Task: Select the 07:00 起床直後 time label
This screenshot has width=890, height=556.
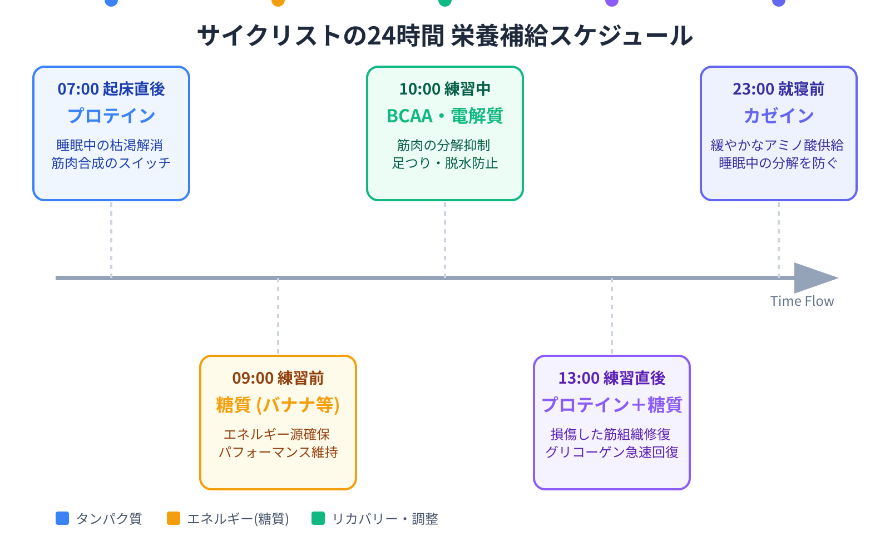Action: pos(111,89)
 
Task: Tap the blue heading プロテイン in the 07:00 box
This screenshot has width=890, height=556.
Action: pos(111,116)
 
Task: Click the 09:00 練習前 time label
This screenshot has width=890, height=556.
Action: pos(278,378)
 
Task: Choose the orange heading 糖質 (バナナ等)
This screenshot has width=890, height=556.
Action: pos(278,405)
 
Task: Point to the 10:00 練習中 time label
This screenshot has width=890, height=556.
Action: pos(445,89)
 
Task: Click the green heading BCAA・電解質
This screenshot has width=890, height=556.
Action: pos(445,116)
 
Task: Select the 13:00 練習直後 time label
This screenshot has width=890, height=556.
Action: pos(612,378)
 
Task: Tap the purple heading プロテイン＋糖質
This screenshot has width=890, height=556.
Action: pos(612,405)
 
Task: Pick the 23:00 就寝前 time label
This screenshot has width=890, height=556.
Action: pos(779,89)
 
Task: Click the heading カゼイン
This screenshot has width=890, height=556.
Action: pos(779,116)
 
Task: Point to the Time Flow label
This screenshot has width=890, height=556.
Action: pos(802,301)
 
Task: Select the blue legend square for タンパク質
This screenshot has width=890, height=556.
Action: pos(62,518)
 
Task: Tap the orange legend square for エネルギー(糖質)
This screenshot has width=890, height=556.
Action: pos(174,518)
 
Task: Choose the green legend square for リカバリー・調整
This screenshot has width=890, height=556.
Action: pos(318,518)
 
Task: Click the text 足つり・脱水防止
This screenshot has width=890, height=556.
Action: pos(445,163)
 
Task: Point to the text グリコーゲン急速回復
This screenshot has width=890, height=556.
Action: pos(612,452)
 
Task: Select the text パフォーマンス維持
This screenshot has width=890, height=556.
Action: pos(278,452)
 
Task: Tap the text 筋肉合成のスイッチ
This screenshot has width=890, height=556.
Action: pos(111,163)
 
